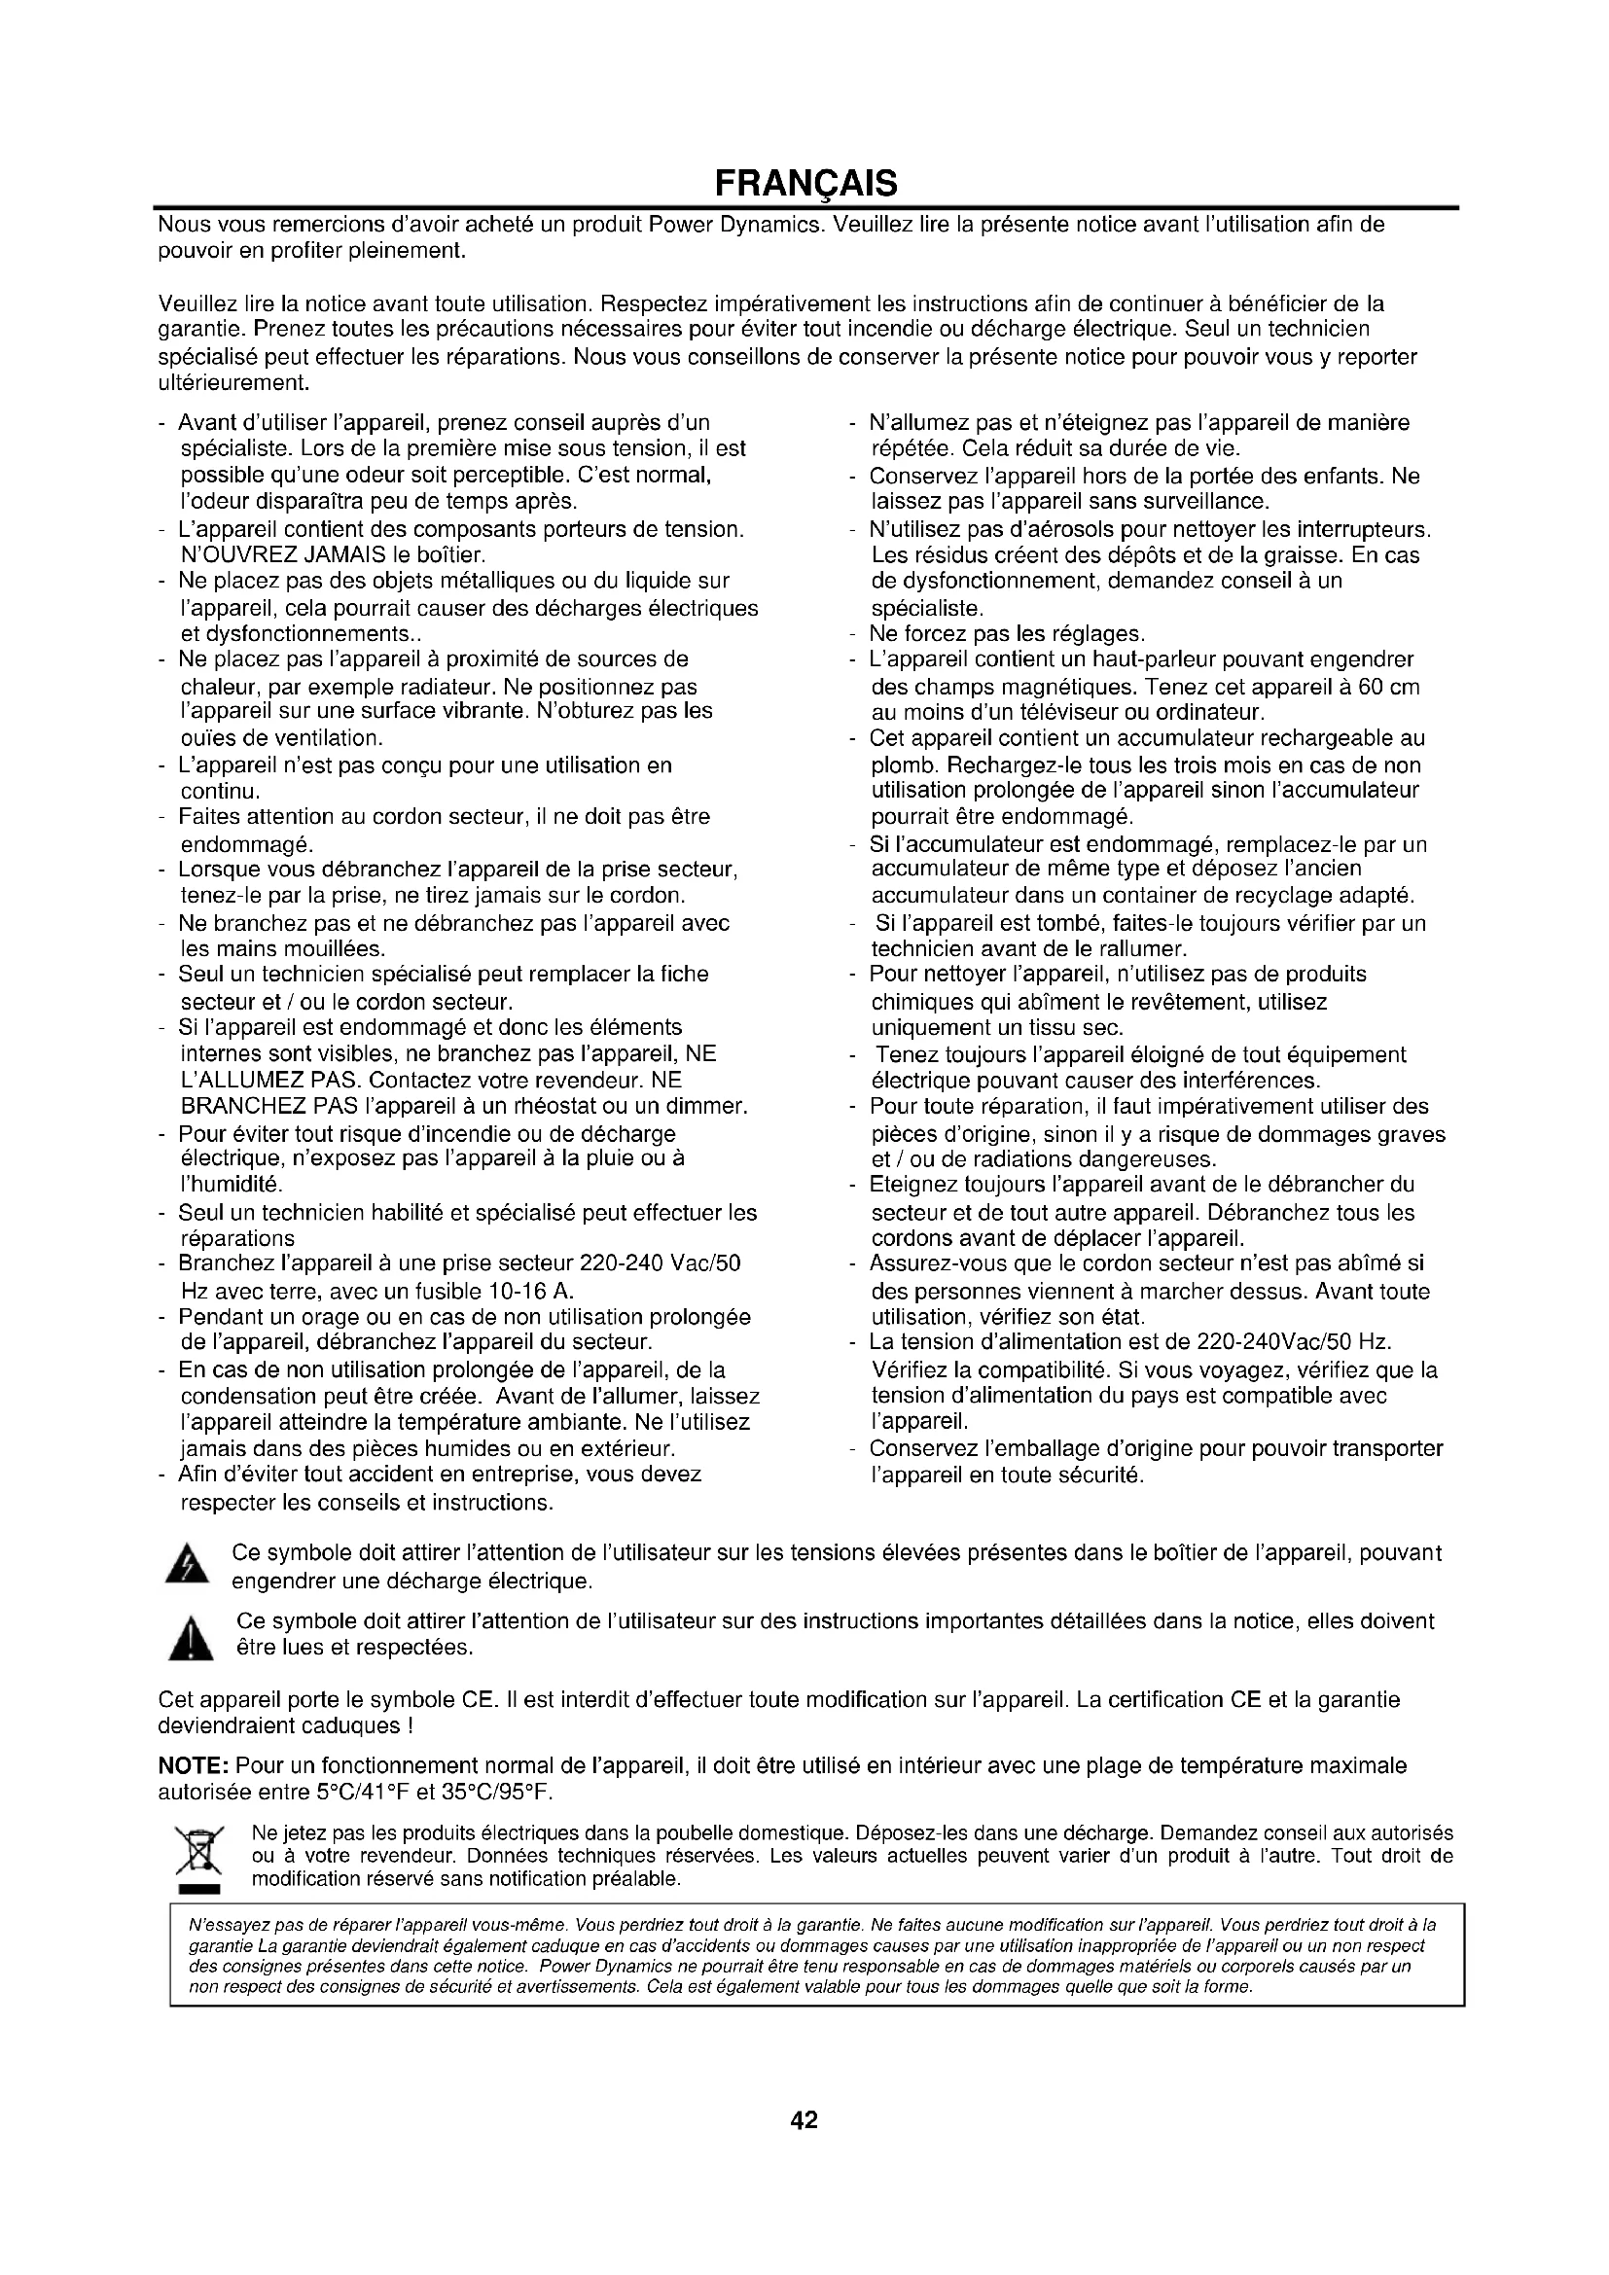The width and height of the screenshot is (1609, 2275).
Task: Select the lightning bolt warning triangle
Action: tap(193, 1566)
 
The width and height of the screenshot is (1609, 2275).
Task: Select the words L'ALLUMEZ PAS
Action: tap(259, 1080)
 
